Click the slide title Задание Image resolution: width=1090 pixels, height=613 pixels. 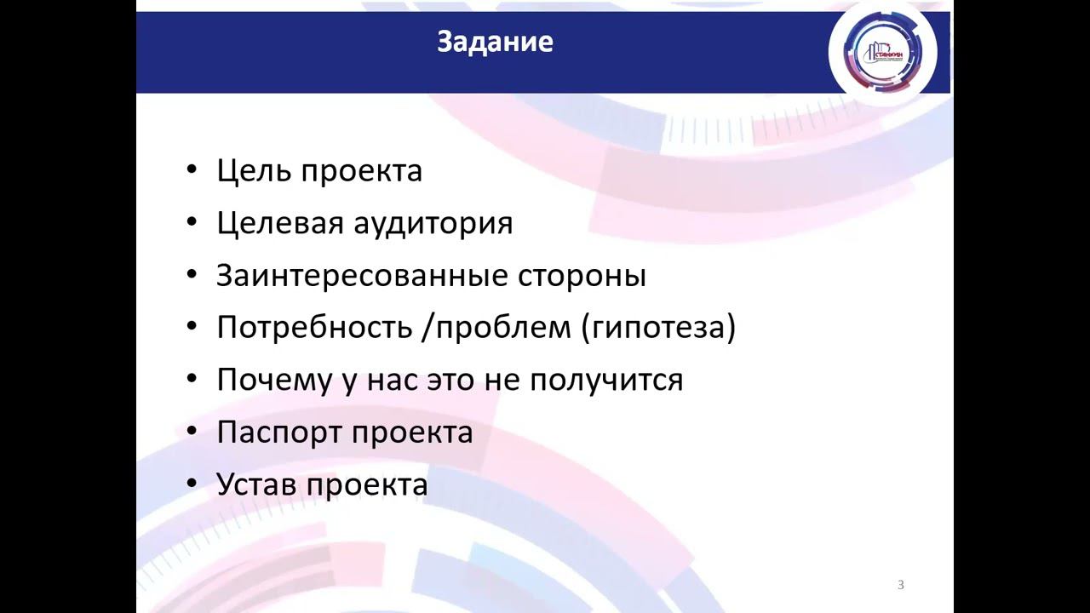[495, 42]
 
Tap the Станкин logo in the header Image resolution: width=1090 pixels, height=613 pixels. [882, 52]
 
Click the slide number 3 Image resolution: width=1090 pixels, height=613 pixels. [901, 585]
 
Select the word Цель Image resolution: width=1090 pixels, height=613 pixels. [251, 170]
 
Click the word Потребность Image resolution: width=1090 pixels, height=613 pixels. [313, 328]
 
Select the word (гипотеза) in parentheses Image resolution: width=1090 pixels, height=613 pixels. [658, 328]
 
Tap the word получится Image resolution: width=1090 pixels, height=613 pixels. [606, 380]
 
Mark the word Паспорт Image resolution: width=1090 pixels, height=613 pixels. [278, 433]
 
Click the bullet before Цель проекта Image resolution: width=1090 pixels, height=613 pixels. [192, 171]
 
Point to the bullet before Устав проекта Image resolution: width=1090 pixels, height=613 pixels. [192, 485]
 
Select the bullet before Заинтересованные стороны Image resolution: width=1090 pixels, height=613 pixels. [192, 276]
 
